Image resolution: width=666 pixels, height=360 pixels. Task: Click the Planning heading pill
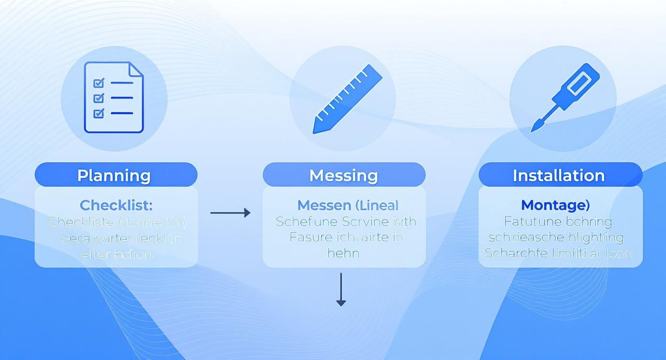pyautogui.click(x=116, y=175)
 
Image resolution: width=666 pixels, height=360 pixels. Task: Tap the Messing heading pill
pyautogui.click(x=344, y=175)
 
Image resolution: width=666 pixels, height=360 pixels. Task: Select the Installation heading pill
pyautogui.click(x=560, y=175)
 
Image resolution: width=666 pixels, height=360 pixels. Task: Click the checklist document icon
pyautogui.click(x=114, y=97)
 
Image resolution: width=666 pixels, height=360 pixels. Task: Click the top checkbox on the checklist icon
pyautogui.click(x=99, y=83)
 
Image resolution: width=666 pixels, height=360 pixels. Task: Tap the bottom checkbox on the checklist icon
pyautogui.click(x=99, y=113)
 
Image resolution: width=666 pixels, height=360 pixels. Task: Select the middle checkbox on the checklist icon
pyautogui.click(x=99, y=98)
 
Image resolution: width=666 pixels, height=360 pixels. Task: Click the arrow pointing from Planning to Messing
pyautogui.click(x=230, y=213)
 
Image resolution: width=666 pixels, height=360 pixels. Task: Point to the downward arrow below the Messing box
pyautogui.click(x=341, y=289)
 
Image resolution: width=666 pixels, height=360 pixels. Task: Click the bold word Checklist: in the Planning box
pyautogui.click(x=116, y=205)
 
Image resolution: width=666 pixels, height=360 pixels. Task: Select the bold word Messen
pyautogui.click(x=324, y=205)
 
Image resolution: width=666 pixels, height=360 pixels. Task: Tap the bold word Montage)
pyautogui.click(x=555, y=205)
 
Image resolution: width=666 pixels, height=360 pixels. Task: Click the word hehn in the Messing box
pyautogui.click(x=343, y=252)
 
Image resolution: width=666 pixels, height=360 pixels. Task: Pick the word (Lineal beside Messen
pyautogui.click(x=377, y=205)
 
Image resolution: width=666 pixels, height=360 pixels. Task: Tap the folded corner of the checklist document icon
pyautogui.click(x=136, y=69)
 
